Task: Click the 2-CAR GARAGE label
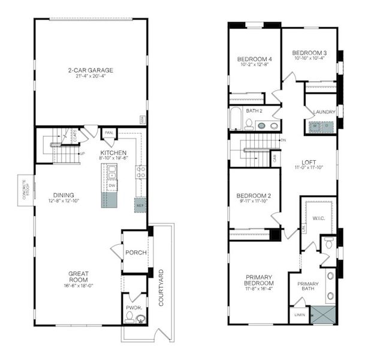pyautogui.click(x=91, y=70)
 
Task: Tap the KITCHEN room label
pyautogui.click(x=113, y=153)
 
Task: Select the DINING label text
pyautogui.click(x=64, y=195)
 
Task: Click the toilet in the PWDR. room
pyautogui.click(x=131, y=318)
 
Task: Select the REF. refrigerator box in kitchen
pyautogui.click(x=140, y=204)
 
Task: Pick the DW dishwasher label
pyautogui.click(x=112, y=186)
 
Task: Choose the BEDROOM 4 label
pyautogui.click(x=255, y=59)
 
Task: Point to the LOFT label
pyautogui.click(x=309, y=162)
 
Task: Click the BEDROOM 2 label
pyautogui.click(x=255, y=196)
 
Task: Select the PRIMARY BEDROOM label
pyautogui.click(x=260, y=280)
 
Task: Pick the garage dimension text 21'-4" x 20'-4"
pyautogui.click(x=91, y=76)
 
